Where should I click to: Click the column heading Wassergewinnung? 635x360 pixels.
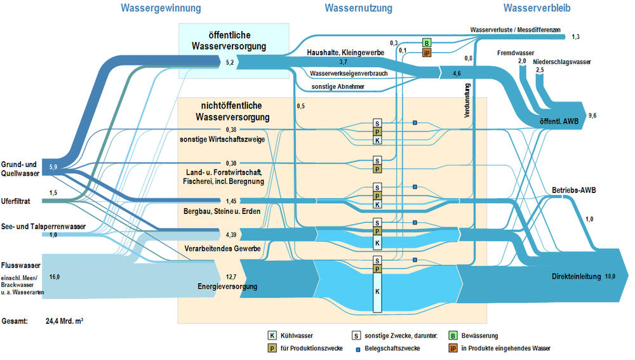(161, 8)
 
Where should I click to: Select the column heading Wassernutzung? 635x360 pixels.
(358, 8)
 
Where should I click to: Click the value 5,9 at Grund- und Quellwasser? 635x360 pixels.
(53, 166)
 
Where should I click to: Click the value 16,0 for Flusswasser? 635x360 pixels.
(54, 276)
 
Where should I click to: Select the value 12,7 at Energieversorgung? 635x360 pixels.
(231, 276)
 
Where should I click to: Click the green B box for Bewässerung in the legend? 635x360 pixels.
(454, 335)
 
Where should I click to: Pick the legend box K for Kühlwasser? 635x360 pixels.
(272, 335)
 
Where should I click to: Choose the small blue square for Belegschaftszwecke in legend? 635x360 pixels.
(358, 349)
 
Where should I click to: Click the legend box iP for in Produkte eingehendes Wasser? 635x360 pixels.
(454, 348)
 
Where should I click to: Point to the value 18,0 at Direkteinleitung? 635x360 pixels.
(610, 276)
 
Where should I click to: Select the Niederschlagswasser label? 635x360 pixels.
(562, 62)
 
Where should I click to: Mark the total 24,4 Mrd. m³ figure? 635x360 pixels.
(65, 321)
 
